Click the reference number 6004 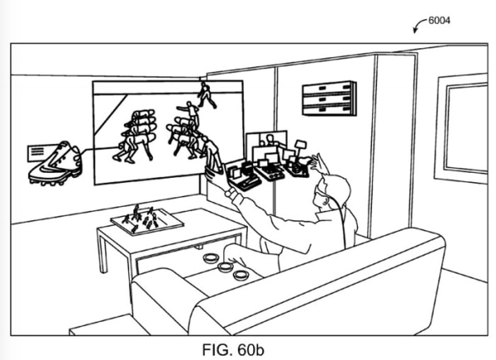439,21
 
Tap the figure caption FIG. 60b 233,349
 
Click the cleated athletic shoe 56,165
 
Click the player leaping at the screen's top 206,94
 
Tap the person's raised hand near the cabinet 319,163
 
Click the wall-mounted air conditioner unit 330,99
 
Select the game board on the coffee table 147,220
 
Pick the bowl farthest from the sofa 210,259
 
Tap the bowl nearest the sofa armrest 241,275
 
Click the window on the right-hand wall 462,128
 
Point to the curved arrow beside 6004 419,24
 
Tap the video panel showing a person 266,141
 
